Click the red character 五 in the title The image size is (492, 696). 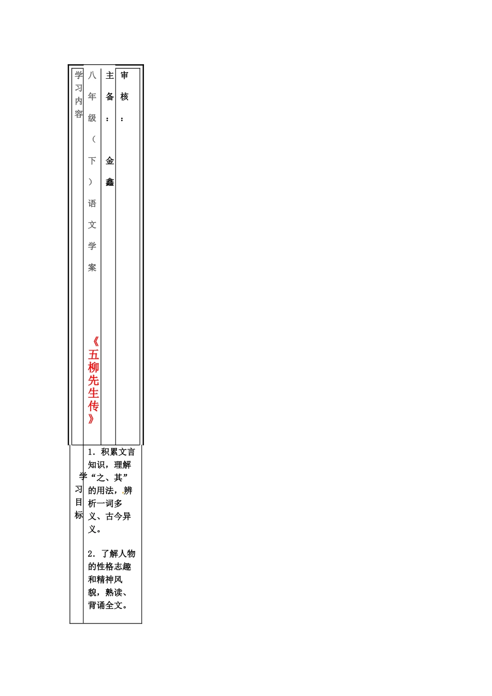tap(93, 355)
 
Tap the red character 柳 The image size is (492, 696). tap(93, 367)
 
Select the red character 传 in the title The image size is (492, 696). tap(93, 406)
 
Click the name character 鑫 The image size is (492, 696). tap(110, 182)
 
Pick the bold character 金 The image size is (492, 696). tap(110, 161)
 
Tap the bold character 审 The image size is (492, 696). tap(124, 75)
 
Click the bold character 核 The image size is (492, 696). tap(124, 97)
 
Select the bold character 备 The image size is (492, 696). tap(110, 97)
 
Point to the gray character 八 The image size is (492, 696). tap(92, 75)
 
